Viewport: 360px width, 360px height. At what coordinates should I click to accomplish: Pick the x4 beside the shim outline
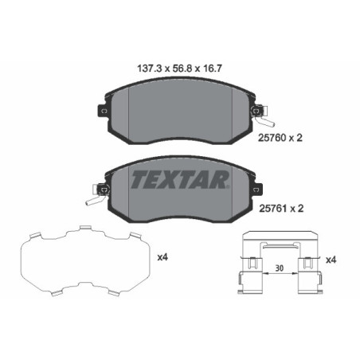coord(162,256)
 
